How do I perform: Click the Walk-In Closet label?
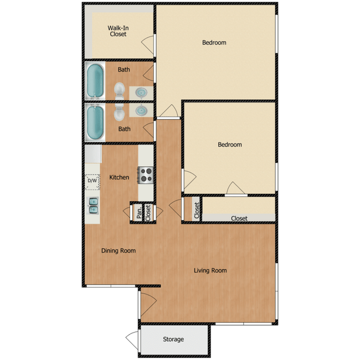coord(117,30)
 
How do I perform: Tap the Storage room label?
coord(173,339)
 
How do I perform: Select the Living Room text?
coord(210,271)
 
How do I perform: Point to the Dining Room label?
coord(118,250)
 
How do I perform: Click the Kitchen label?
coord(119,177)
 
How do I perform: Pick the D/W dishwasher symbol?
coord(92,180)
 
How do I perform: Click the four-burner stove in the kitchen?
coord(146,175)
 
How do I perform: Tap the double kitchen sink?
coord(92,205)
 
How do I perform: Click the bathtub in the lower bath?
coord(95,122)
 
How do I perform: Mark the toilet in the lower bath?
coord(119,114)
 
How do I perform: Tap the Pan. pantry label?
coord(138,213)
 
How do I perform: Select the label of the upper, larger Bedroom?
coord(214,43)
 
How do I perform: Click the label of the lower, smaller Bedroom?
coord(229,145)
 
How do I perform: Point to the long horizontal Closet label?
coord(239,218)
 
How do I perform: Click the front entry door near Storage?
coord(147,306)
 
